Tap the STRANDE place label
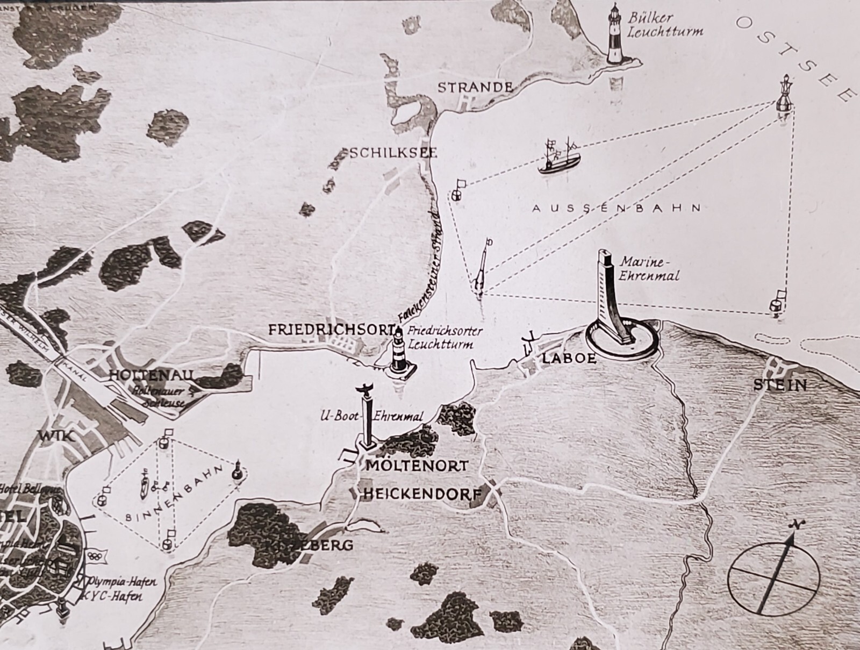pos(475,87)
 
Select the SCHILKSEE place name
pos(393,153)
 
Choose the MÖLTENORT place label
pos(417,466)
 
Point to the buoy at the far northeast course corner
pos(785,97)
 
